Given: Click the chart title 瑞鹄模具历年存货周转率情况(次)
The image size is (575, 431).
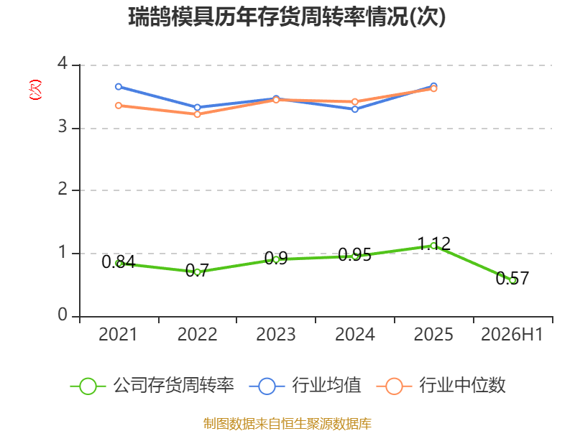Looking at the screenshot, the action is [287, 17].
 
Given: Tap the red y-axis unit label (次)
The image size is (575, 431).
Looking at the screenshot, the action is [35, 90].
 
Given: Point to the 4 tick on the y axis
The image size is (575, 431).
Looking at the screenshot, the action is [63, 63].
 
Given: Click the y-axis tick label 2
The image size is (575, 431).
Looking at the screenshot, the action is [63, 189].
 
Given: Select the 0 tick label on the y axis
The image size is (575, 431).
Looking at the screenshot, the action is [63, 315].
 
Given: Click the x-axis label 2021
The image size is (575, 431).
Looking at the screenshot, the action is [118, 334].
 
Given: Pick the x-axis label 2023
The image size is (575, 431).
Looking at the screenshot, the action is [276, 334].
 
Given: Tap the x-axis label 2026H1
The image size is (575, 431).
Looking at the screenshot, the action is [512, 334].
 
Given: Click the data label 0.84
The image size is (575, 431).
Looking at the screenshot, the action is [119, 261].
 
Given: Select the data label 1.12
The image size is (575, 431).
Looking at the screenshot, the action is [434, 244].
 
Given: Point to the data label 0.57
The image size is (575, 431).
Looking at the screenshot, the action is [512, 278].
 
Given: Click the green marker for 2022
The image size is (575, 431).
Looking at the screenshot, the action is [197, 272].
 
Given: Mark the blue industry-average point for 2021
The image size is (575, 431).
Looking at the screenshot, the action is [119, 87].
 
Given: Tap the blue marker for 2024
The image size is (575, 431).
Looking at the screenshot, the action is [354, 109].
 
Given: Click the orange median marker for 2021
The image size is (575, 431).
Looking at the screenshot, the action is [119, 106].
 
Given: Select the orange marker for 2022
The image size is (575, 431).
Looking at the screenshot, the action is [197, 114].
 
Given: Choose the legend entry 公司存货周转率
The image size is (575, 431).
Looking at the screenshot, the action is [152, 386].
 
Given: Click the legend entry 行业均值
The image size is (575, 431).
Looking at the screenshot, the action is [305, 386].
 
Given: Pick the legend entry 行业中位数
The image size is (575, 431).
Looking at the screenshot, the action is [441, 386].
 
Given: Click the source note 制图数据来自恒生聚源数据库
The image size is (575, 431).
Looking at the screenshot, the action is [287, 424].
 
